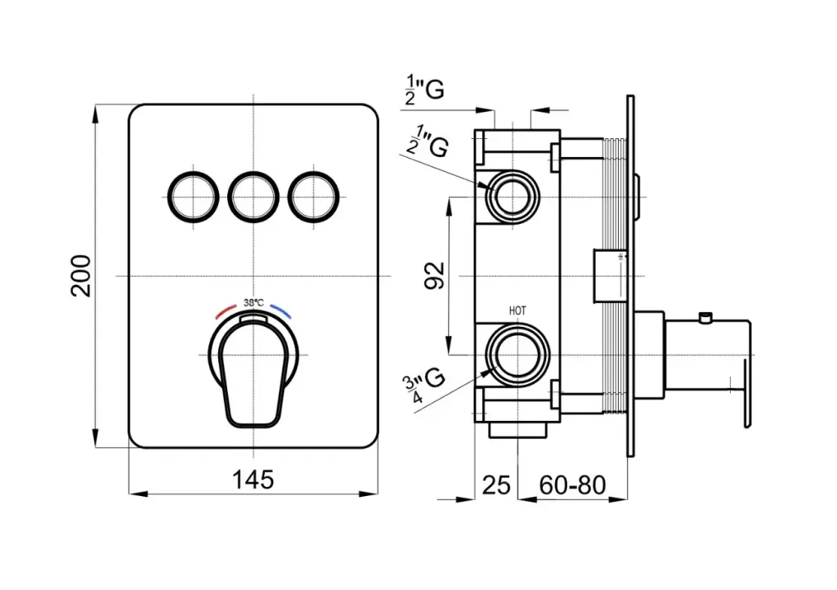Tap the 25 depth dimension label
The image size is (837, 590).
495,485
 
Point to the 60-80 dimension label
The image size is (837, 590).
572,485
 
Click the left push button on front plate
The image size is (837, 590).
195,196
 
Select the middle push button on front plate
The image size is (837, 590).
253,196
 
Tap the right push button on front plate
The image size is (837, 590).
312,196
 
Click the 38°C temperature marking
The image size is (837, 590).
254,302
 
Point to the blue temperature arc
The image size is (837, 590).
282,312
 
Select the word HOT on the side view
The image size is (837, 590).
517,311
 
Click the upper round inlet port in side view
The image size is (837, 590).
512,196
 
